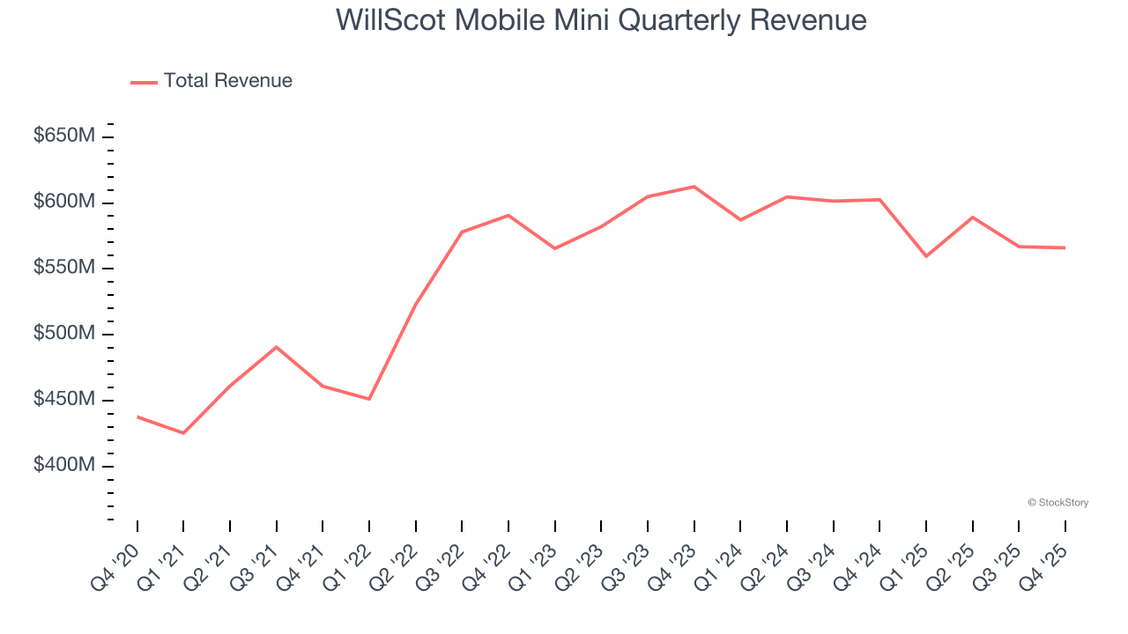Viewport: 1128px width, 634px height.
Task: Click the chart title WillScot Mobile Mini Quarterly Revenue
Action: [x=601, y=20]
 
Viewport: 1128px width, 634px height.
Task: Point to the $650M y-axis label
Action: [x=64, y=136]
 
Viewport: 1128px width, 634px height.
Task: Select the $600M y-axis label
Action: [x=64, y=202]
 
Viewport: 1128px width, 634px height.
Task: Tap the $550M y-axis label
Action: [x=64, y=268]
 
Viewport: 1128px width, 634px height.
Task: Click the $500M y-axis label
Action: [x=64, y=334]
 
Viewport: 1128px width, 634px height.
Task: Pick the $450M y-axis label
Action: [x=64, y=400]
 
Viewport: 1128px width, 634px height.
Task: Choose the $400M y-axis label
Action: [x=64, y=465]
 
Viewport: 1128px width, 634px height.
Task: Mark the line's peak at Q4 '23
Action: [x=694, y=187]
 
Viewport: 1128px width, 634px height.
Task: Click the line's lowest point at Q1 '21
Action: [x=183, y=433]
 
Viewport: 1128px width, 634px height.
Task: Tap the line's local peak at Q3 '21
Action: [x=277, y=347]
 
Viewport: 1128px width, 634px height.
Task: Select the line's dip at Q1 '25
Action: [x=926, y=256]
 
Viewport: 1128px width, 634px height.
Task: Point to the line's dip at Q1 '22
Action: [x=369, y=399]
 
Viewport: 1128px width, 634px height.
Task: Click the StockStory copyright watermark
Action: [x=1057, y=503]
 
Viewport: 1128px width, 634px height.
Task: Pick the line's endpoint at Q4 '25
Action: [x=1065, y=247]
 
